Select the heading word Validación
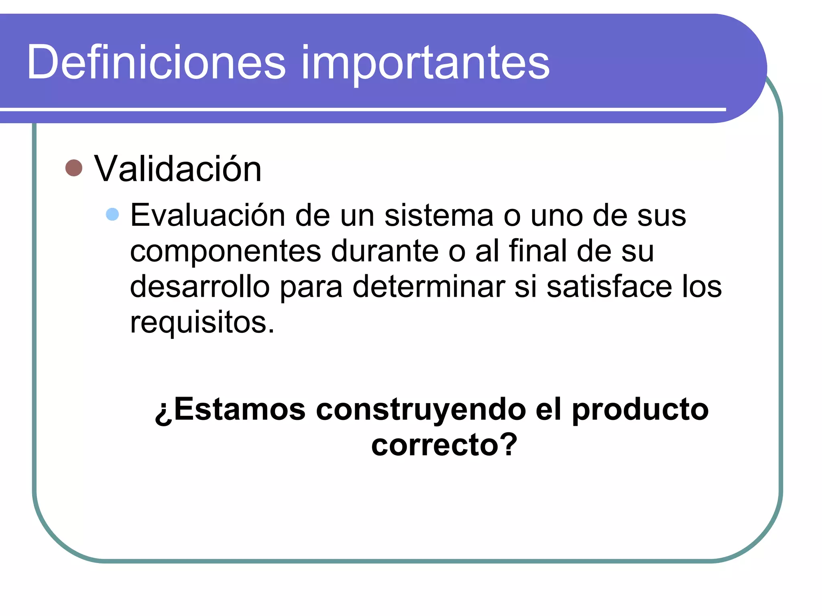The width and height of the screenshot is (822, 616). (x=177, y=169)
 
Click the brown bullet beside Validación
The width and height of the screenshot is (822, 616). (x=74, y=168)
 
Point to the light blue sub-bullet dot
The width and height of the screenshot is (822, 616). (x=112, y=214)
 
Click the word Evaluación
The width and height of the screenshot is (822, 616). (x=208, y=215)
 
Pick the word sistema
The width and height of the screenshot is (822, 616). (x=439, y=215)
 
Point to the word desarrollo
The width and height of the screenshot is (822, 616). (x=199, y=286)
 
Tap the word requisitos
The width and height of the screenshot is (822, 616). (x=202, y=322)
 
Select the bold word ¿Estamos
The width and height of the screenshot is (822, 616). (x=230, y=410)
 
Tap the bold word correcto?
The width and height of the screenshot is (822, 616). (x=444, y=445)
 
